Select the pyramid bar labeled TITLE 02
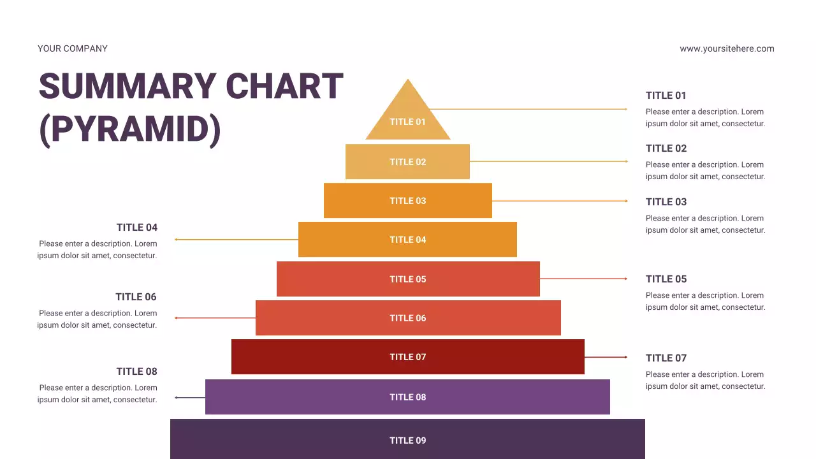(407, 162)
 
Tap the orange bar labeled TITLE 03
(407, 201)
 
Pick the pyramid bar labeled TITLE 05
(408, 279)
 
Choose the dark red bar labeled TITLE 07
(408, 357)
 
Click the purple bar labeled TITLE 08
(407, 397)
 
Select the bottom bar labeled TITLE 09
(407, 440)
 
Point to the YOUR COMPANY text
(73, 48)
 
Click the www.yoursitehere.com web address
(727, 48)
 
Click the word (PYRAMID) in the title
(130, 129)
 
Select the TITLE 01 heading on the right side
(666, 96)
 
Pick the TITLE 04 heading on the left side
(136, 228)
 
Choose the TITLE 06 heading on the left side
(136, 297)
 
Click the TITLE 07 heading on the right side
(666, 358)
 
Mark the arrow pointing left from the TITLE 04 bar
(236, 240)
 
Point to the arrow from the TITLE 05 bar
(583, 279)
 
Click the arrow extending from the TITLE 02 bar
(548, 161)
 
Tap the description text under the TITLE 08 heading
(97, 394)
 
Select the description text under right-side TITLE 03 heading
(705, 224)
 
